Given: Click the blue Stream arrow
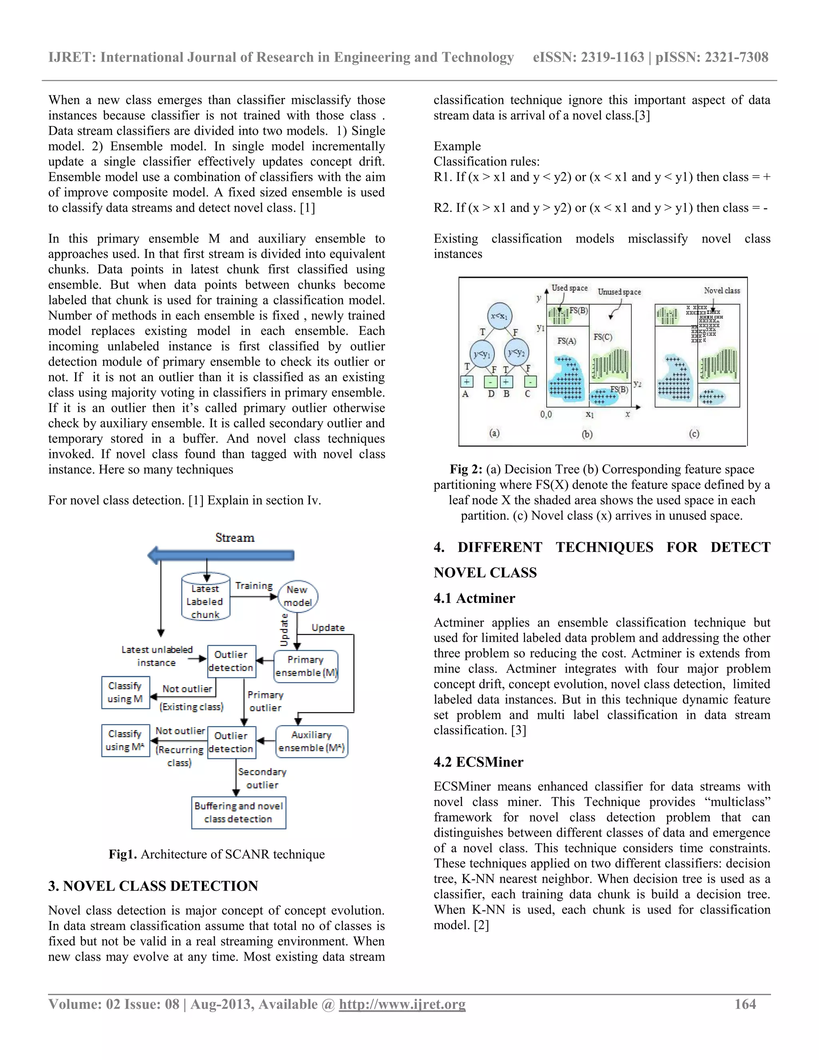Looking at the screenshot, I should [x=221, y=555].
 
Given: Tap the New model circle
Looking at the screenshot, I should [x=298, y=596].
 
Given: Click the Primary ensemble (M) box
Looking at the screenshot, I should [x=306, y=666].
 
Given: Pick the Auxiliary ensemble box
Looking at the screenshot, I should [x=312, y=741].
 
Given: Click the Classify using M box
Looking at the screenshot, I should [x=125, y=692].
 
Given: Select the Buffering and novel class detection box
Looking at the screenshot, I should [x=238, y=812].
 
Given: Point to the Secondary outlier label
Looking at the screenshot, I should [x=262, y=778].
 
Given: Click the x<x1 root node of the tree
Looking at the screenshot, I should [x=499, y=316].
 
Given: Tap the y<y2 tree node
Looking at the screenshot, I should [x=516, y=353].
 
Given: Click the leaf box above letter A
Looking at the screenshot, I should [x=466, y=382].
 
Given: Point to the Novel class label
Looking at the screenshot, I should [x=722, y=290].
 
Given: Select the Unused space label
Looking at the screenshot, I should [x=619, y=292].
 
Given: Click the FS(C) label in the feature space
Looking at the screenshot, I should [x=603, y=337].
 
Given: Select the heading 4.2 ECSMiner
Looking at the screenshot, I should [x=478, y=762].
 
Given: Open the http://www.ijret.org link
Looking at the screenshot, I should [x=402, y=1004].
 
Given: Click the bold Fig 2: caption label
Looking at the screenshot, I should [x=465, y=469].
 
